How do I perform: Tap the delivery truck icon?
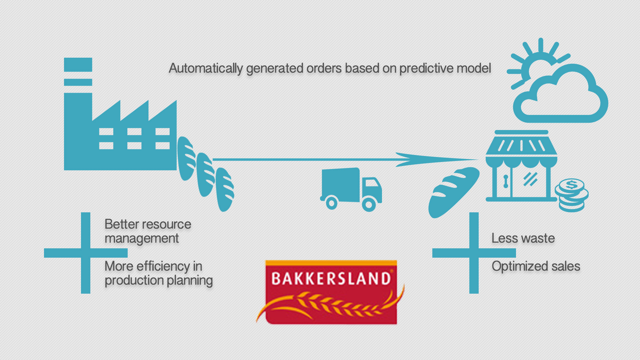tap(351, 189)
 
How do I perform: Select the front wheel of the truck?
tap(369, 204)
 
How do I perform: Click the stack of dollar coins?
tap(572, 195)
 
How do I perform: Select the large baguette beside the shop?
tap(454, 193)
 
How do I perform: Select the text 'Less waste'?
tap(523, 238)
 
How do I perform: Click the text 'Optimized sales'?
tap(536, 266)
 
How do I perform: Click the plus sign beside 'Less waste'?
tap(474, 253)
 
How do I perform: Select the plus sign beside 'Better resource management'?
tap(86, 253)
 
